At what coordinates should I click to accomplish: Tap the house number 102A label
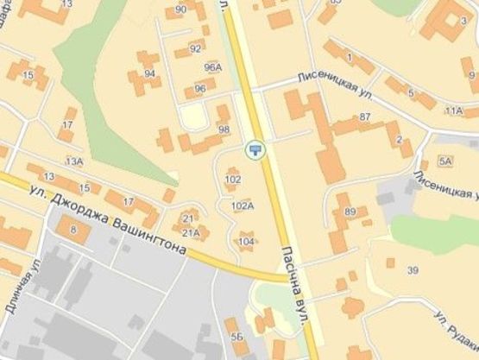pyautogui.click(x=243, y=206)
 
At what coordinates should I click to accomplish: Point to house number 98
pyautogui.click(x=224, y=129)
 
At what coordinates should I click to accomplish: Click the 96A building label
pyautogui.click(x=212, y=67)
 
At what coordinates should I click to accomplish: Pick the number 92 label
pyautogui.click(x=196, y=48)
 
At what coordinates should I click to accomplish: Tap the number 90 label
pyautogui.click(x=181, y=10)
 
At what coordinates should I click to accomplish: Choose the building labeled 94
pyautogui.click(x=149, y=73)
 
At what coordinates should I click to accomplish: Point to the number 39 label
pyautogui.click(x=413, y=271)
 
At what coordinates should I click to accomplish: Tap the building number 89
pyautogui.click(x=350, y=212)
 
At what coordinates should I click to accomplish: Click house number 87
pyautogui.click(x=364, y=117)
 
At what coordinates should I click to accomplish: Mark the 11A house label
pyautogui.click(x=453, y=111)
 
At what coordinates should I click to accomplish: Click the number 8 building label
pyautogui.click(x=72, y=230)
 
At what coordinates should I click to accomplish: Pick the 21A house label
pyautogui.click(x=191, y=232)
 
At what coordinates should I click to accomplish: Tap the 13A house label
pyautogui.click(x=73, y=161)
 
